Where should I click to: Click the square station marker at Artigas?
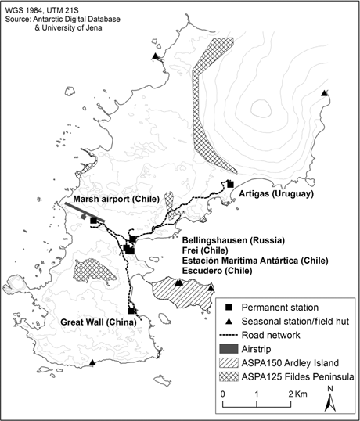pos(230,185)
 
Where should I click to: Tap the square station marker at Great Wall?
pos(131,311)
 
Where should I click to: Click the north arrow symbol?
pos(331,400)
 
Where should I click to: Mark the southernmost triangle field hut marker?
pos(93,362)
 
